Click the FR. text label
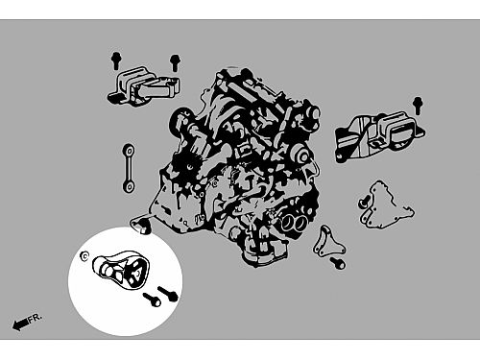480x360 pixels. click(35, 318)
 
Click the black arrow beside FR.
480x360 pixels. click(20, 324)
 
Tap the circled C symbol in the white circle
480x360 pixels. click(84, 256)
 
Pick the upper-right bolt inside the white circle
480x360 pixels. click(168, 294)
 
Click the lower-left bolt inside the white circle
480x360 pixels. click(152, 300)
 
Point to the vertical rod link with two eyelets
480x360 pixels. click(129, 169)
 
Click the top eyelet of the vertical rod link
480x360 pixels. click(129, 151)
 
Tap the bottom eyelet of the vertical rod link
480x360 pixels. click(129, 187)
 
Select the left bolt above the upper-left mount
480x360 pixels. click(116, 60)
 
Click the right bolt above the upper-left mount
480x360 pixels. click(175, 62)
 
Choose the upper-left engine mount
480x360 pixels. click(143, 86)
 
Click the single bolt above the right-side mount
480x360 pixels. click(418, 105)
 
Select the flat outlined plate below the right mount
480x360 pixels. click(387, 205)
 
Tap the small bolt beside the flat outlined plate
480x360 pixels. click(363, 202)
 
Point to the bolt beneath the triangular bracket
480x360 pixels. click(338, 263)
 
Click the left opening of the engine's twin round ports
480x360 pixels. click(288, 223)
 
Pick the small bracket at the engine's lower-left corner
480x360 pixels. click(141, 224)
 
